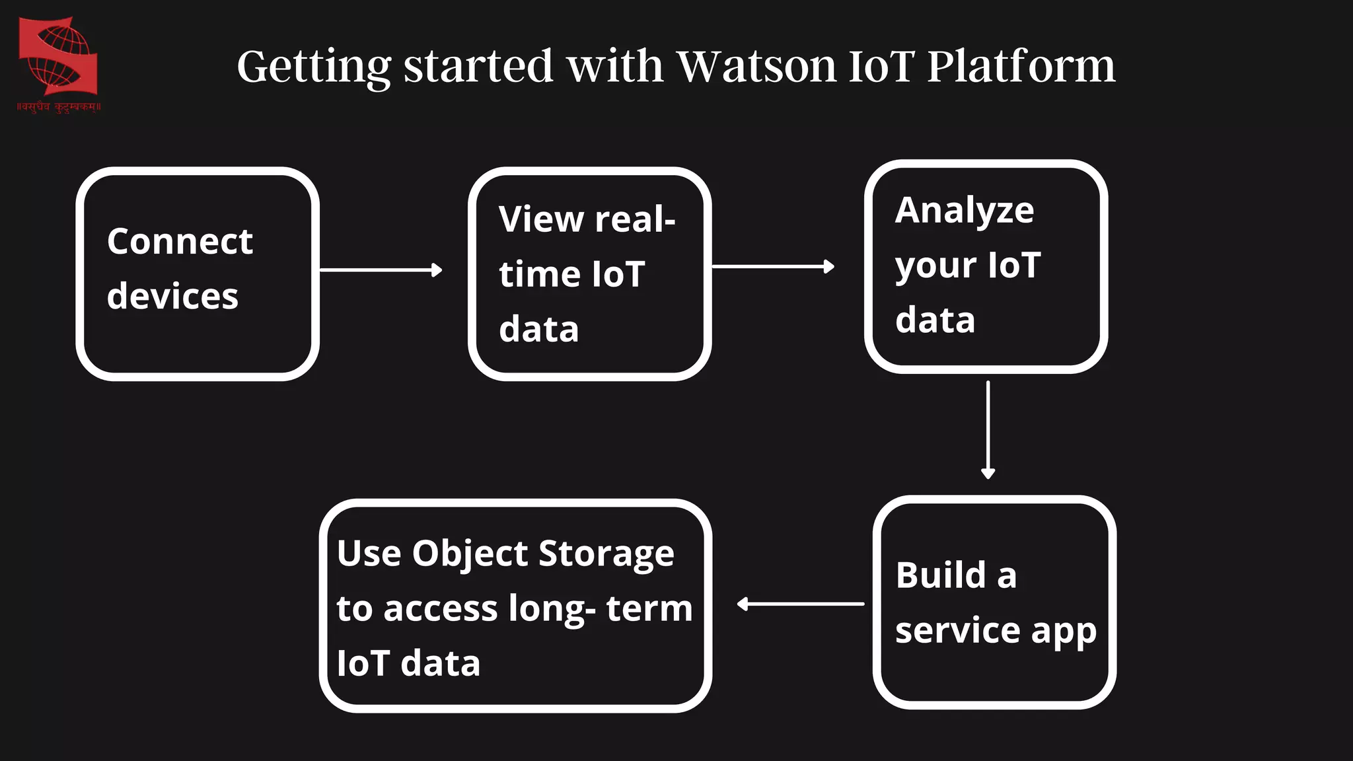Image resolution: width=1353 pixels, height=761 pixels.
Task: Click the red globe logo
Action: tap(58, 58)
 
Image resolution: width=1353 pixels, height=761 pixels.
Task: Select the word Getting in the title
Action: tap(314, 67)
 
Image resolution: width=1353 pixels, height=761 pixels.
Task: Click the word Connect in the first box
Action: tap(180, 241)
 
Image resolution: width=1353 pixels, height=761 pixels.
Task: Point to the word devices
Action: tap(172, 296)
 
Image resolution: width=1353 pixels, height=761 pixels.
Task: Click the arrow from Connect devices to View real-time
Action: tap(381, 270)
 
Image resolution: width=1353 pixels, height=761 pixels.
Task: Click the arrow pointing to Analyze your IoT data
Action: tap(773, 266)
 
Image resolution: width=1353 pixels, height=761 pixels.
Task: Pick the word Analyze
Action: tap(964, 211)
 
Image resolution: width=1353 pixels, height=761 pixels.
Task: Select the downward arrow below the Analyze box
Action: tap(988, 429)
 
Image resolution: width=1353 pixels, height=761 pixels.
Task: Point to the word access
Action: tap(440, 608)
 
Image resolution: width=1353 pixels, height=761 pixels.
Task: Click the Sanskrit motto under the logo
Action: tap(59, 107)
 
